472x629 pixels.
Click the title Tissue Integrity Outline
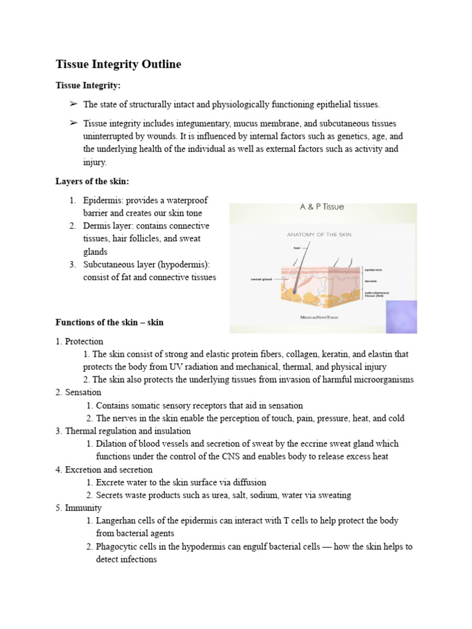click(118, 64)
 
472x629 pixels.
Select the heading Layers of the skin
click(92, 181)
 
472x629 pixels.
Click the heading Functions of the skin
click(109, 322)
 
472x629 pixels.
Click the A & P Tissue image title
click(321, 207)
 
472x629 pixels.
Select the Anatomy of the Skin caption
click(319, 235)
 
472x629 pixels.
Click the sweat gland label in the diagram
click(261, 279)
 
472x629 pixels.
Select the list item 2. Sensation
click(78, 392)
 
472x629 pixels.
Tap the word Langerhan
click(117, 520)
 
